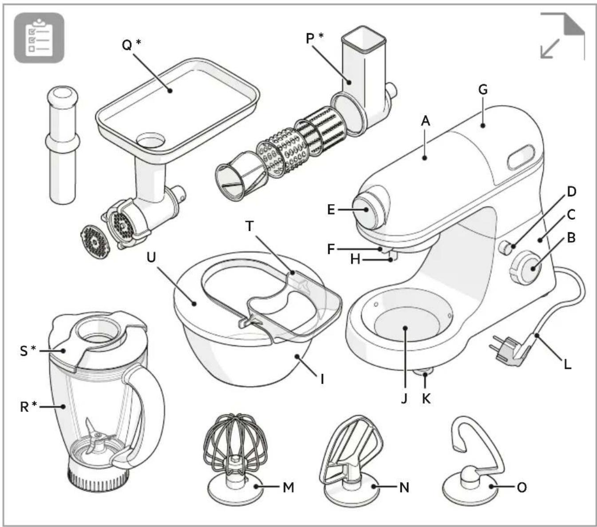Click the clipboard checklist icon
pyautogui.click(x=39, y=38)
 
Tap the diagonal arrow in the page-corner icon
pyautogui.click(x=550, y=48)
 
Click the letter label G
pyautogui.click(x=483, y=90)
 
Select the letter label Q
pyautogui.click(x=127, y=45)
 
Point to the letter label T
pyautogui.click(x=250, y=226)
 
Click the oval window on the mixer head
pyautogui.click(x=521, y=157)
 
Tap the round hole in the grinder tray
pyautogui.click(x=151, y=140)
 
